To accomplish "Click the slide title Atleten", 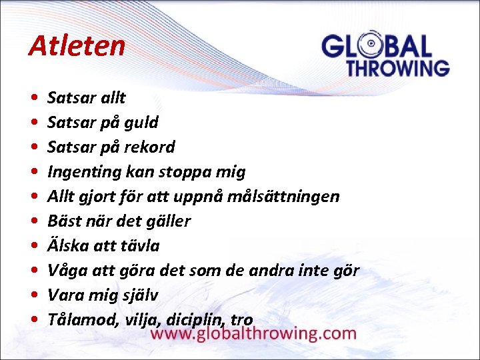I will pos(77,46).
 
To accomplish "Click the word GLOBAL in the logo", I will pos(377,47).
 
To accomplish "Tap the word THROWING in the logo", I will pos(397,68).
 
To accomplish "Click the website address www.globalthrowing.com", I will pos(253,333).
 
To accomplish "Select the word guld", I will pos(142,123).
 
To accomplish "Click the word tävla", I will pos(140,246).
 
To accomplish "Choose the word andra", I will pos(271,270).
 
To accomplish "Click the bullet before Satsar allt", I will pos(33,99).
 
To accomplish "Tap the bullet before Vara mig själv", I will pos(33,295).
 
